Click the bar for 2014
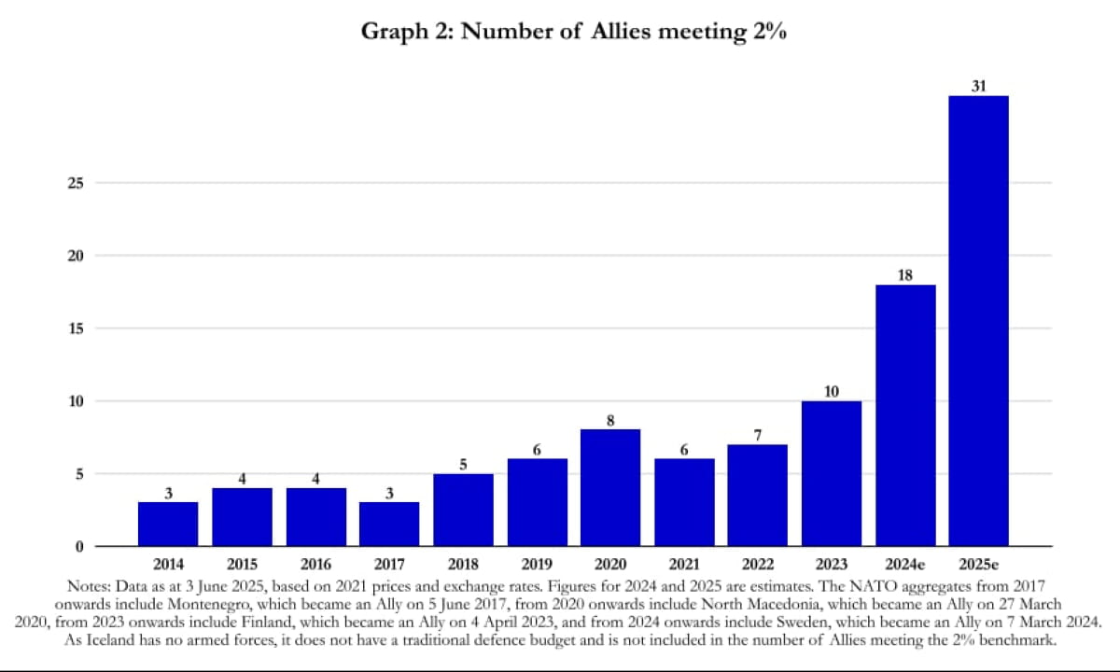(x=168, y=524)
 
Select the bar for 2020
(x=610, y=487)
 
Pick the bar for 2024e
(x=905, y=415)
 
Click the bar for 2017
(x=389, y=524)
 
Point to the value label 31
(x=978, y=87)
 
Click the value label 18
(x=905, y=275)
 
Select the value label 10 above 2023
(x=832, y=392)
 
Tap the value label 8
(x=610, y=421)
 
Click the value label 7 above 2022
(x=758, y=435)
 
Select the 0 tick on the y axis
(x=80, y=546)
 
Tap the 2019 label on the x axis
(x=537, y=565)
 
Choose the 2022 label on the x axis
(x=758, y=565)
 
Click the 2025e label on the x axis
(x=978, y=565)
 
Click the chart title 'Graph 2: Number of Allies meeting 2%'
(x=573, y=31)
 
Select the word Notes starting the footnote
(x=91, y=586)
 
